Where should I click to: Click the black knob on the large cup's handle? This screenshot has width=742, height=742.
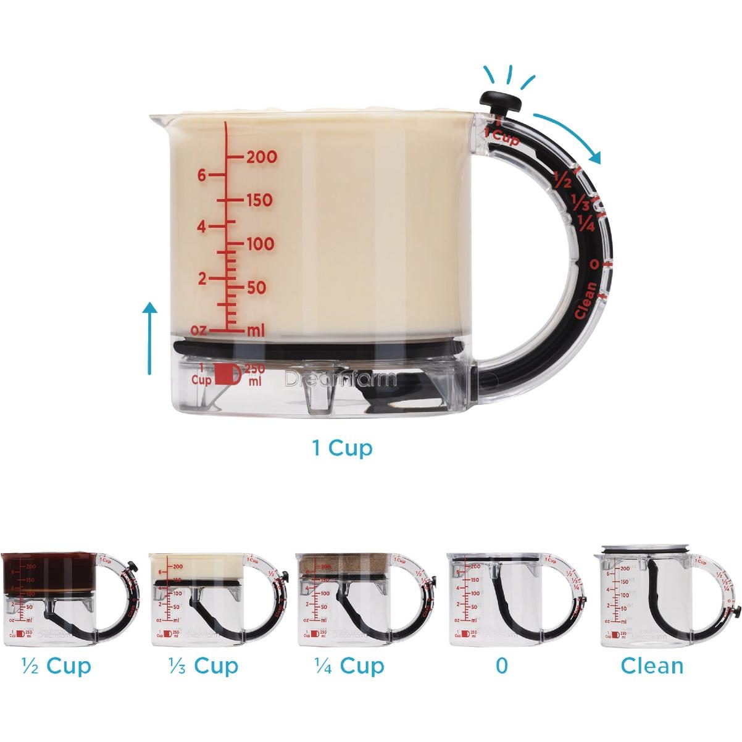(496, 99)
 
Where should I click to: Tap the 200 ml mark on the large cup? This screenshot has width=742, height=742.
(262, 157)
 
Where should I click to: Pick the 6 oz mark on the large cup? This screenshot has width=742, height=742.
(201, 175)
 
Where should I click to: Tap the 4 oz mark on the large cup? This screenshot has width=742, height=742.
(201, 227)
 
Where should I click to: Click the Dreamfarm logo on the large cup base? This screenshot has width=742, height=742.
(340, 379)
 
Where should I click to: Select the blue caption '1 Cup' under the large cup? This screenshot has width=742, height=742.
(343, 448)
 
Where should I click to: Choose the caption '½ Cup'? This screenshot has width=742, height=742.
(56, 666)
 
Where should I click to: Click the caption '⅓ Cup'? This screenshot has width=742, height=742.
(203, 666)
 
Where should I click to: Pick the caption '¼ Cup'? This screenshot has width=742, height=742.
(349, 666)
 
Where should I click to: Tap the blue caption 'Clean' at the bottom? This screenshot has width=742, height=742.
(652, 666)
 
